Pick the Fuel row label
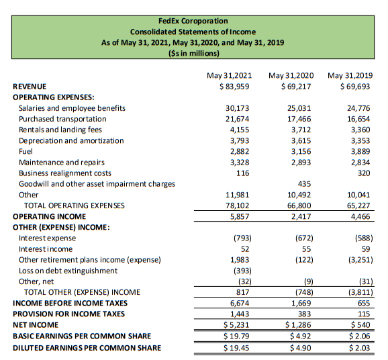click(x=27, y=151)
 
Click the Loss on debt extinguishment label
click(x=68, y=271)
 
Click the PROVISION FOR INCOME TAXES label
click(x=68, y=314)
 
